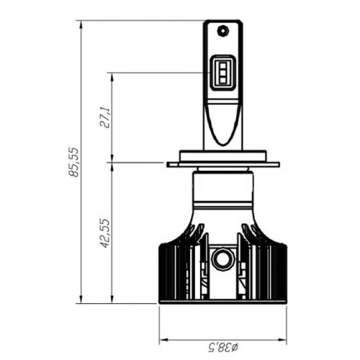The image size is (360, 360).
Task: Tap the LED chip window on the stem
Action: pos(223,73)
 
